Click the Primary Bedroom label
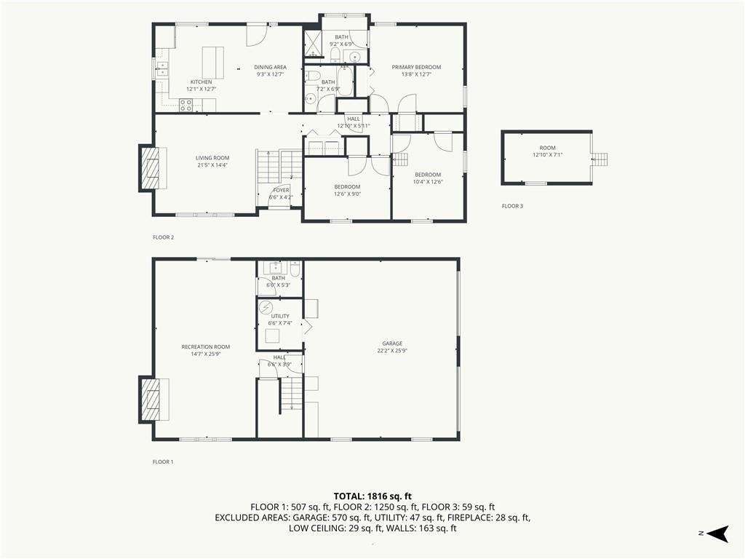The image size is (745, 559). tap(416, 67)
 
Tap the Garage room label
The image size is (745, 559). tap(392, 344)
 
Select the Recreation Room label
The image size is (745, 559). tap(206, 347)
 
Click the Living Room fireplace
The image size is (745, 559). tap(153, 168)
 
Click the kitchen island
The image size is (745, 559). tap(213, 63)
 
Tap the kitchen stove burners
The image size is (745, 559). tap(186, 105)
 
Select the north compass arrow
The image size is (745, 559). tap(717, 534)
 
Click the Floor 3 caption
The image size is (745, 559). tap(512, 206)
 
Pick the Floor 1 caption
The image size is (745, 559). tap(163, 461)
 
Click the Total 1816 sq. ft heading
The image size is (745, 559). tap(372, 496)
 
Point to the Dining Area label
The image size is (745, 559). tap(271, 67)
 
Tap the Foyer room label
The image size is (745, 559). tap(282, 190)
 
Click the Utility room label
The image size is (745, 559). tap(280, 316)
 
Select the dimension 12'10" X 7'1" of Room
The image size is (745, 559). tap(547, 154)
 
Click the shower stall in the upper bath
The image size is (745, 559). tap(312, 43)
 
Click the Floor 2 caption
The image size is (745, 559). tap(164, 237)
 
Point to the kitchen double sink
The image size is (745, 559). tap(162, 68)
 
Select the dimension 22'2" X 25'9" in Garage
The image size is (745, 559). tap(392, 351)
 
